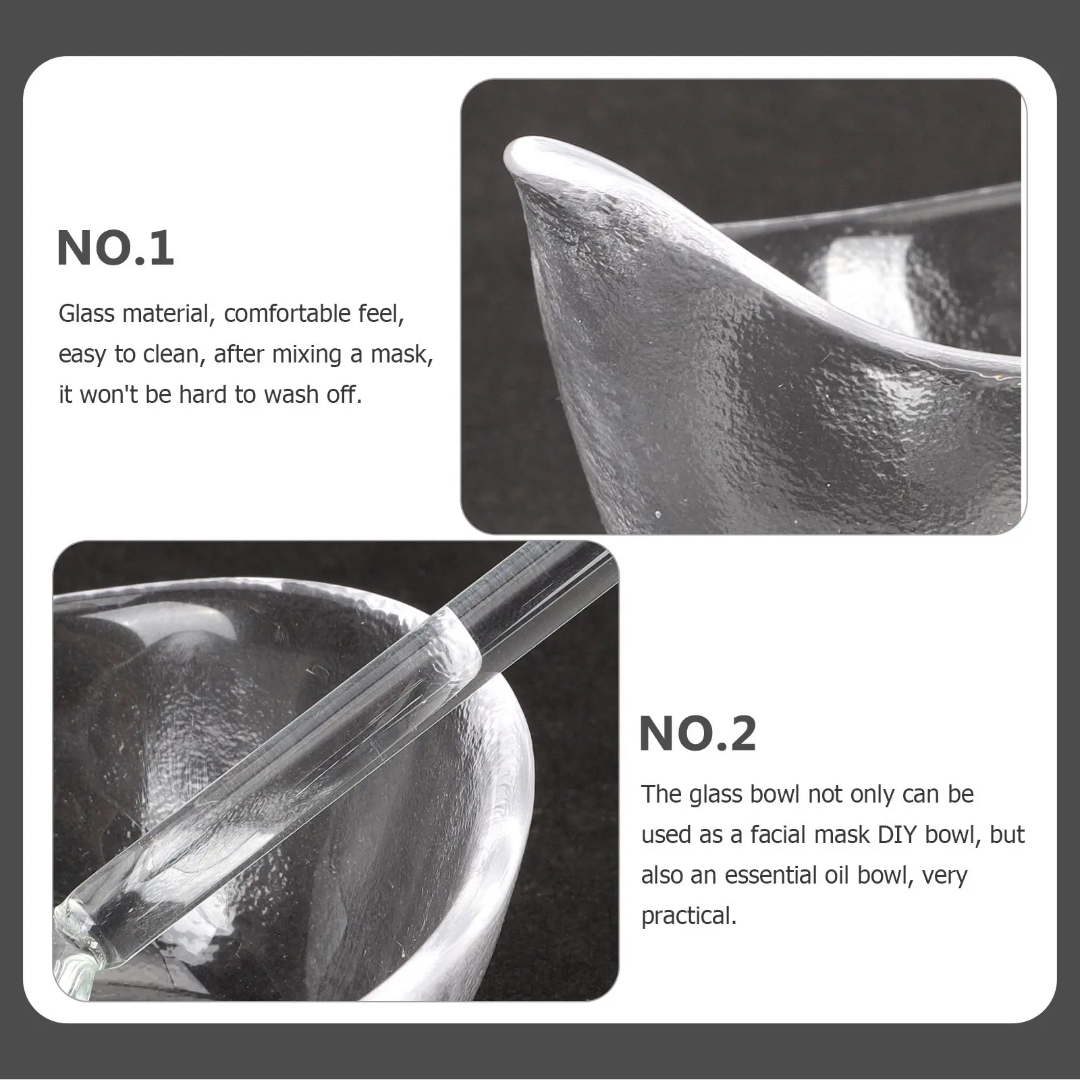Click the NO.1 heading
tap(116, 248)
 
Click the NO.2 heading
tap(697, 734)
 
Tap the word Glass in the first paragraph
tap(86, 314)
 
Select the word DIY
tap(899, 835)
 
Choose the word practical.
tap(688, 916)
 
